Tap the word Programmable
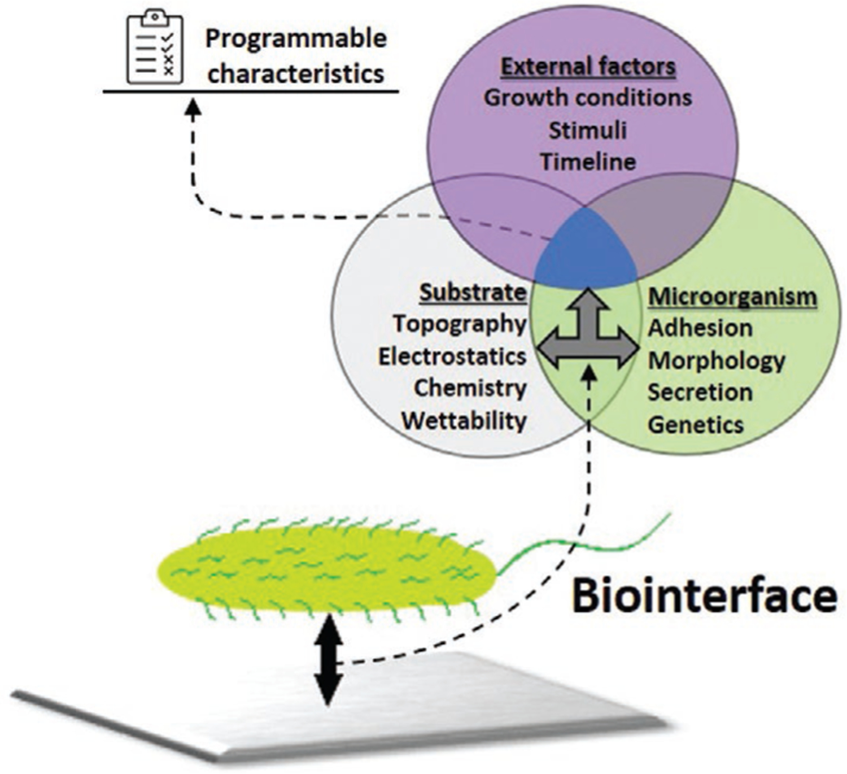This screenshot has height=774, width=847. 296,39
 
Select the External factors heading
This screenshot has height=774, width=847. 588,67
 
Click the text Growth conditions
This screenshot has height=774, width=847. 588,98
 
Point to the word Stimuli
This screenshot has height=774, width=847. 588,131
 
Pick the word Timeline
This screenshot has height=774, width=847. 588,162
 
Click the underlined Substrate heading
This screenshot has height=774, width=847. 473,293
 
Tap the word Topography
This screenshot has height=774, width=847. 460,324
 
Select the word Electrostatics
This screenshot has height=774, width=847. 452,356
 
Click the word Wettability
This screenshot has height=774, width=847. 464,421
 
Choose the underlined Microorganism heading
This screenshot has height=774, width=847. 732,297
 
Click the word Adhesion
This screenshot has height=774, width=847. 700,328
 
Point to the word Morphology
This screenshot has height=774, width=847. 716,361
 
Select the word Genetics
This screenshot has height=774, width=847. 695,425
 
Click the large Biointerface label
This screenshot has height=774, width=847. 704,597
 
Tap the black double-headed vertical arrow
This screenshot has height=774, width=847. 328,660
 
